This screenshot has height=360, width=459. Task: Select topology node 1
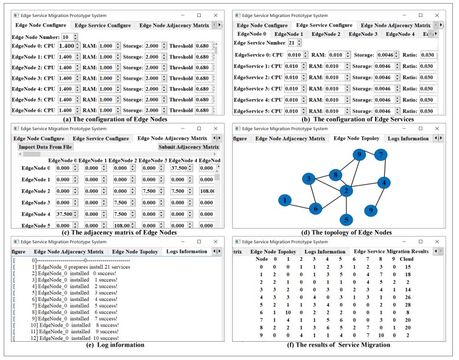pyautogui.click(x=284, y=199)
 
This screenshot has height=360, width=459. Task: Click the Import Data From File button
pyautogui.click(x=46, y=147)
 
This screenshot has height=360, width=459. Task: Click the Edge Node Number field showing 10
pyautogui.click(x=66, y=36)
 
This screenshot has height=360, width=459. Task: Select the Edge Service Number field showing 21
pyautogui.click(x=292, y=43)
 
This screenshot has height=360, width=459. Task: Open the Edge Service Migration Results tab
pyautogui.click(x=391, y=251)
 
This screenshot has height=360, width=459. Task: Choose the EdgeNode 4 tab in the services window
pyautogui.click(x=400, y=34)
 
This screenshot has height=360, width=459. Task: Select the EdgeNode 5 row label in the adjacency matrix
pyautogui.click(x=35, y=225)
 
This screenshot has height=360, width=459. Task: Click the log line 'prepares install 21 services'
pyautogui.click(x=82, y=268)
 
